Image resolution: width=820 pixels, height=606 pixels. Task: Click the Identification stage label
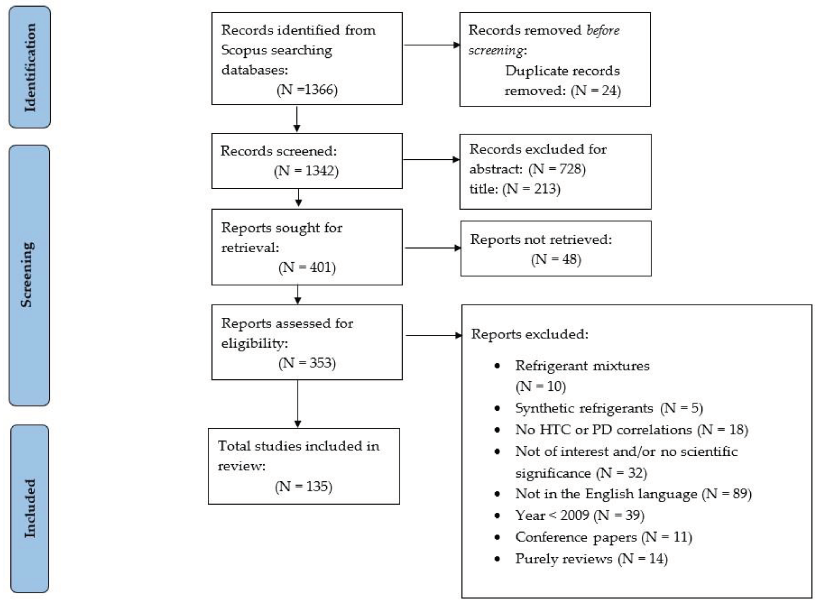pos(30,67)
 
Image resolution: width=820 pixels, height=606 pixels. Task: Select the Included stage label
pos(30,508)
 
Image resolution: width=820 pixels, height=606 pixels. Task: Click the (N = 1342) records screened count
pos(306,171)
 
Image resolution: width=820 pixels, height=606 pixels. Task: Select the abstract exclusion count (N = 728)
pos(557,169)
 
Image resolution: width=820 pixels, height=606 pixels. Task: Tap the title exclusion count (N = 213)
pos(531,189)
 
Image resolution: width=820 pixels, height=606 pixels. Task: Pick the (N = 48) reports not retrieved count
pos(556,259)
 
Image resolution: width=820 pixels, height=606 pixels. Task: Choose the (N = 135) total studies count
pos(303,486)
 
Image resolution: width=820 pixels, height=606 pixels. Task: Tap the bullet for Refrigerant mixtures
pos(497,366)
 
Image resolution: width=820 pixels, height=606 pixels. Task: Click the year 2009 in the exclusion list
pos(574,515)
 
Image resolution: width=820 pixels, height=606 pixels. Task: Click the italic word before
pos(603,30)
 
